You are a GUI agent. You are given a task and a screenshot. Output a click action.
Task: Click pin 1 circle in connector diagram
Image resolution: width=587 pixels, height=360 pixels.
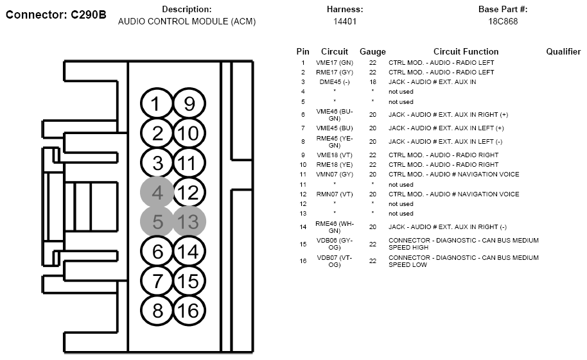tap(157, 104)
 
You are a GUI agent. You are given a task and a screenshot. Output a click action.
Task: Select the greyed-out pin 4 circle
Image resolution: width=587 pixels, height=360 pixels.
tap(157, 193)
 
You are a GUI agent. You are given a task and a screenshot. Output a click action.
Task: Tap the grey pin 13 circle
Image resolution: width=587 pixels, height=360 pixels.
tap(189, 222)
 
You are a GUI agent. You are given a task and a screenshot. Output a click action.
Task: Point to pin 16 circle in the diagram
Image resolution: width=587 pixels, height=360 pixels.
tap(189, 311)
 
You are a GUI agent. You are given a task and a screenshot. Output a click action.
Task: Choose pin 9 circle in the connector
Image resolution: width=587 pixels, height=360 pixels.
tap(189, 104)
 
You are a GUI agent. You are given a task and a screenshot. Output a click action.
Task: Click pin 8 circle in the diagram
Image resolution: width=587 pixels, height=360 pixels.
tap(157, 311)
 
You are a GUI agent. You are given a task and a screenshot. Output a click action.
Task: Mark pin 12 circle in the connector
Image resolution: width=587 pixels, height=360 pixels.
tap(189, 193)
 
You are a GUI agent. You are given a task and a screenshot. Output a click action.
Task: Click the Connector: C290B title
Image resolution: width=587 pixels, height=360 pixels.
tap(56, 15)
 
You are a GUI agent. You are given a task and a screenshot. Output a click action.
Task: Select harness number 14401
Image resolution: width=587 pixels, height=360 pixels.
tap(345, 21)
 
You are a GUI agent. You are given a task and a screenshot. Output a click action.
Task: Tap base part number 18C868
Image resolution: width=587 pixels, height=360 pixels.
tap(503, 21)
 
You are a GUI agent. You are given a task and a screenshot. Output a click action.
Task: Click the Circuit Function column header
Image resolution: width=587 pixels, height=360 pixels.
tap(466, 51)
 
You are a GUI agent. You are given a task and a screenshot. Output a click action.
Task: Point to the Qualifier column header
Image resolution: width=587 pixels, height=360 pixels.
tap(563, 51)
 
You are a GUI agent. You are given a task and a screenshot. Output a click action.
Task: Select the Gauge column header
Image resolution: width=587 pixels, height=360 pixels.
tap(372, 51)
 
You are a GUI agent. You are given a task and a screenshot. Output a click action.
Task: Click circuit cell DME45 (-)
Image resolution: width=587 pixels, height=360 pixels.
tap(335, 82)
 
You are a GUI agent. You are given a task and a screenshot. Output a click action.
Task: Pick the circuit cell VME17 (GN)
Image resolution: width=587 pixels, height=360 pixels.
tap(335, 62)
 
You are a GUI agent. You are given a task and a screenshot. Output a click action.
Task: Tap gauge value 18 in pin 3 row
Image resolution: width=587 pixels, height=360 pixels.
tap(372, 82)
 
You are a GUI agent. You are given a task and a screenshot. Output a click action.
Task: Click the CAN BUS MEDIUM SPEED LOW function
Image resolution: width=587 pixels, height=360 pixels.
tap(464, 261)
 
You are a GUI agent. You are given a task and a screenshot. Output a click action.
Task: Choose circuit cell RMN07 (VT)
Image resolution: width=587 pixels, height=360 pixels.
tap(335, 194)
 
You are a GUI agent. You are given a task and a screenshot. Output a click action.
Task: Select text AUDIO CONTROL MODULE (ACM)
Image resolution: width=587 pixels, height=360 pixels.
tap(187, 21)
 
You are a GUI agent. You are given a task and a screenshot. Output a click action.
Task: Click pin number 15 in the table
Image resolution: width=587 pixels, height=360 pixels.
tap(303, 244)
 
